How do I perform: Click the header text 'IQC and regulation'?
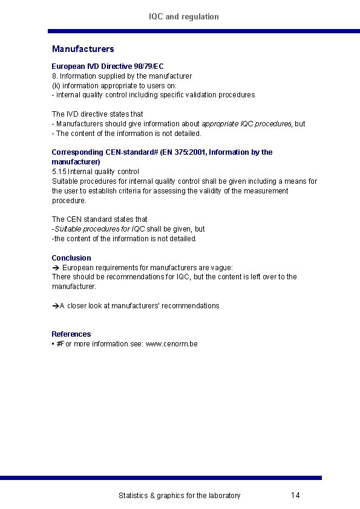[x=184, y=17]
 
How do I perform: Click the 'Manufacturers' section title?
[x=83, y=49]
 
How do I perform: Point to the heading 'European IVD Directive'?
[x=91, y=66]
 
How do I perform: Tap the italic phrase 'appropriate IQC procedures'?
[x=246, y=124]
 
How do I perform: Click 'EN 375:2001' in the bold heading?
[x=184, y=152]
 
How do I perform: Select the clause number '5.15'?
[x=59, y=172]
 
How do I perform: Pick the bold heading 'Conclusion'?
[x=71, y=258]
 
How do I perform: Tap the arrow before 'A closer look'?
[x=55, y=306]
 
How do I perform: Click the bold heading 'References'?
[x=71, y=334]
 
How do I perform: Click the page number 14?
[x=295, y=496]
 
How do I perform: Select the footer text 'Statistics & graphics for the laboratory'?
[x=179, y=496]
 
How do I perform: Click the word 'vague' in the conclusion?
[x=220, y=267]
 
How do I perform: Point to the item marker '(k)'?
[x=55, y=86]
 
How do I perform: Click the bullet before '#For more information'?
[x=53, y=344]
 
